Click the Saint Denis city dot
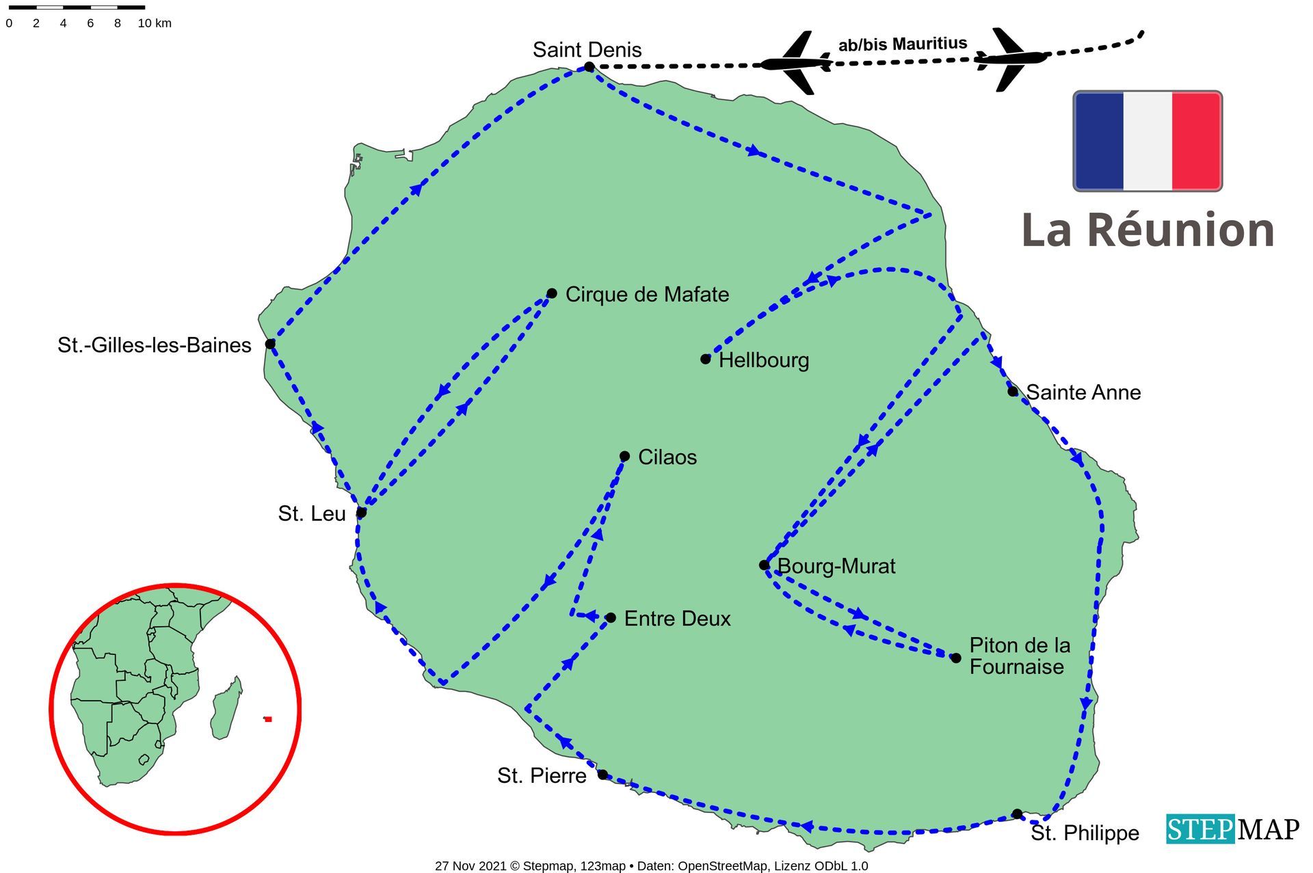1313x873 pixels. click(x=589, y=66)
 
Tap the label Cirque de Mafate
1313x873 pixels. click(x=646, y=295)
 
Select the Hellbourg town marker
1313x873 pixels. click(x=706, y=359)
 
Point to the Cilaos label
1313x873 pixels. click(x=667, y=457)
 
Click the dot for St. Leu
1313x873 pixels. click(x=361, y=512)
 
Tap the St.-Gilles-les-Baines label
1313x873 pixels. click(x=154, y=345)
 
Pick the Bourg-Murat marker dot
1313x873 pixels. click(x=764, y=565)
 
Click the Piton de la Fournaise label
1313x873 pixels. click(x=1019, y=656)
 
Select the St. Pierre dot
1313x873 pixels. click(x=602, y=775)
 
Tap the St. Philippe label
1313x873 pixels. click(x=1085, y=833)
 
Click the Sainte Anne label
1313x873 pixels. click(x=1083, y=392)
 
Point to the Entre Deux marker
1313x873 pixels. click(x=611, y=618)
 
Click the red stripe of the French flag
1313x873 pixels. click(x=1197, y=141)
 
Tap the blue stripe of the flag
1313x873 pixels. click(x=1099, y=141)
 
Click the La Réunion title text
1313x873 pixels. click(x=1148, y=230)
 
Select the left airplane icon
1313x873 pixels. click(x=797, y=63)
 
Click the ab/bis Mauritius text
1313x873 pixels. click(x=903, y=44)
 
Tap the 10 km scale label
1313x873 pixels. click(x=155, y=23)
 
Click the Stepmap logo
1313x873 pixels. click(x=1232, y=829)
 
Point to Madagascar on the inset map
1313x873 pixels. click(x=226, y=709)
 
